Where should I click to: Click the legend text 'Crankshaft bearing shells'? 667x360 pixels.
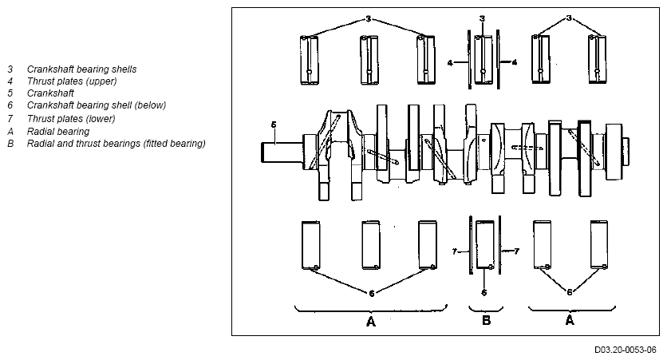tap(81, 69)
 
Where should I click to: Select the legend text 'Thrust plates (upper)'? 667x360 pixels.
tap(72, 81)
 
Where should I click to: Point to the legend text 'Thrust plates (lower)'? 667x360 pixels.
tap(71, 119)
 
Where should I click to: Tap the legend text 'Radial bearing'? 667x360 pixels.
tap(58, 132)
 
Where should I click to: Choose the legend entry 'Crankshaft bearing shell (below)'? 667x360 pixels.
tap(97, 105)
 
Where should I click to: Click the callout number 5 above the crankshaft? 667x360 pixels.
tap(274, 125)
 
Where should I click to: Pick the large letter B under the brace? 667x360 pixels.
tap(486, 320)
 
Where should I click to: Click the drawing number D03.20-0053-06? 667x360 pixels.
tap(626, 350)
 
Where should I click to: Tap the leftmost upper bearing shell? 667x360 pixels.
tap(310, 60)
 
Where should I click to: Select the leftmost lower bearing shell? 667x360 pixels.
tap(310, 245)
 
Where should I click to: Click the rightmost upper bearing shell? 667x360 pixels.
tap(598, 59)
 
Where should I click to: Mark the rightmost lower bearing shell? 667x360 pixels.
tap(599, 245)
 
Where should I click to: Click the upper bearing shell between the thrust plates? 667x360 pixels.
tap(483, 60)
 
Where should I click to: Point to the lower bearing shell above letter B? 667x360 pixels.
tap(485, 245)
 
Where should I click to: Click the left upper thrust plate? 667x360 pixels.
tap(469, 60)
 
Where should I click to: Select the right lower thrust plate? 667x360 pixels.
tap(499, 245)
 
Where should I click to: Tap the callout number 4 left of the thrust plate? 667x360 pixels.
tap(450, 63)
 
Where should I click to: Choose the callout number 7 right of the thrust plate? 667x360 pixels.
tap(516, 251)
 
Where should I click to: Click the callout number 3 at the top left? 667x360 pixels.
tap(369, 18)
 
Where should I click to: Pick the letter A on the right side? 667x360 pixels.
tap(570, 320)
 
